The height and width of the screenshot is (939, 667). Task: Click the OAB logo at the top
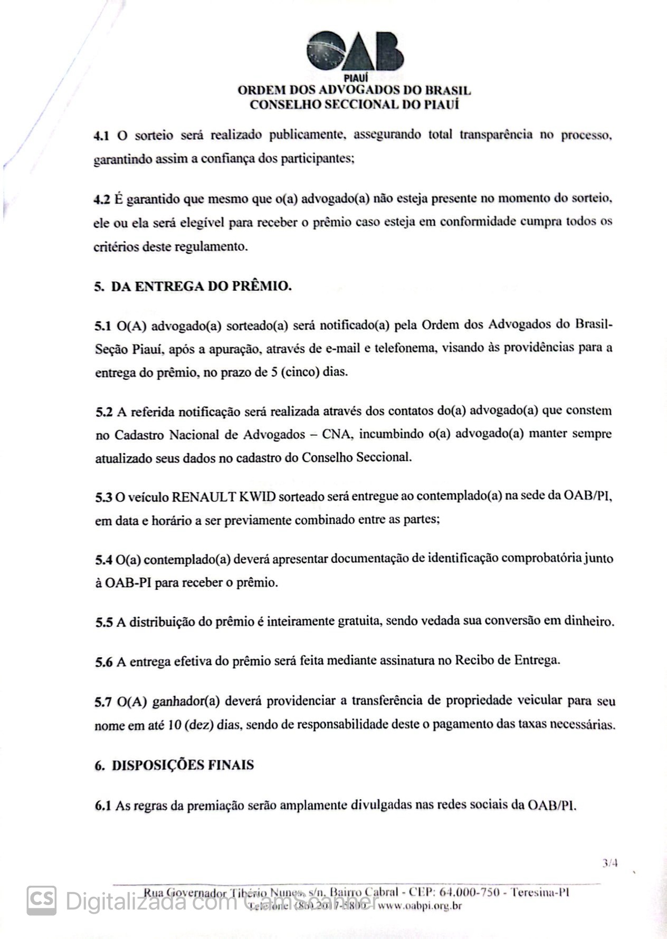pyautogui.click(x=355, y=52)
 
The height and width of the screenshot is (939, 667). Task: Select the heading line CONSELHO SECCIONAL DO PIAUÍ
pyautogui.click(x=354, y=104)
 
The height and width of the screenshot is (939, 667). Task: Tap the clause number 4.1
pyautogui.click(x=101, y=136)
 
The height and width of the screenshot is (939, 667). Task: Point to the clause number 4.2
pyautogui.click(x=101, y=199)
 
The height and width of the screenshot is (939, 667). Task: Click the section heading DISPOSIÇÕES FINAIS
pyautogui.click(x=183, y=765)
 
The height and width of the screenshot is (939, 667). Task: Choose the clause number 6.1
pyautogui.click(x=102, y=806)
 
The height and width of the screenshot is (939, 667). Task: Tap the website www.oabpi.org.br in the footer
pyautogui.click(x=420, y=907)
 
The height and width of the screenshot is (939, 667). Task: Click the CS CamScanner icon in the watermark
pyautogui.click(x=42, y=899)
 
